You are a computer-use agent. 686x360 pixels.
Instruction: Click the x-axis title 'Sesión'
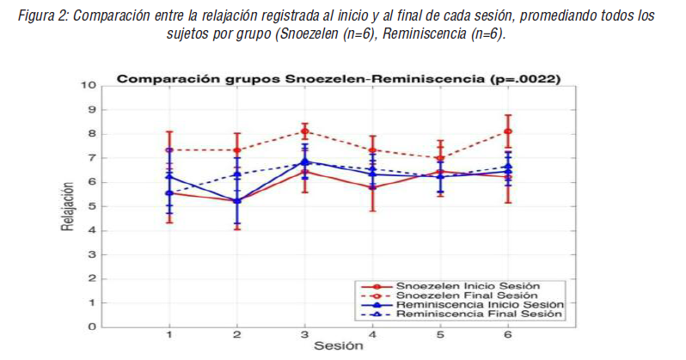tap(338, 346)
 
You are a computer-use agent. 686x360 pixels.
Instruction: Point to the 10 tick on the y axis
tap(88, 85)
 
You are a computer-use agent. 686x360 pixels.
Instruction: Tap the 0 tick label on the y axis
tap(90, 326)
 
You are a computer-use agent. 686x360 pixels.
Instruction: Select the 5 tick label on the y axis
tap(90, 206)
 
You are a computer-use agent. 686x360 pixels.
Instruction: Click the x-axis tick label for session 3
tap(304, 335)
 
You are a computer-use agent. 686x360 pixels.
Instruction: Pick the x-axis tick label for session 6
tap(508, 335)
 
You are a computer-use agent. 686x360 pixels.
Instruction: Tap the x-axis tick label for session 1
tap(169, 335)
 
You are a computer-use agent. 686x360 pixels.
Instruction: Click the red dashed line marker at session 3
tap(304, 131)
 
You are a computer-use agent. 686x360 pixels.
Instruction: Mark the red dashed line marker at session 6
tap(508, 131)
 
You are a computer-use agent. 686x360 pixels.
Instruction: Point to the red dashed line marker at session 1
tap(169, 149)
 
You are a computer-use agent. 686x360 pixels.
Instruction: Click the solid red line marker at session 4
tap(372, 186)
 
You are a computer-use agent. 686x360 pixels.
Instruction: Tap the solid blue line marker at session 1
tap(169, 176)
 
